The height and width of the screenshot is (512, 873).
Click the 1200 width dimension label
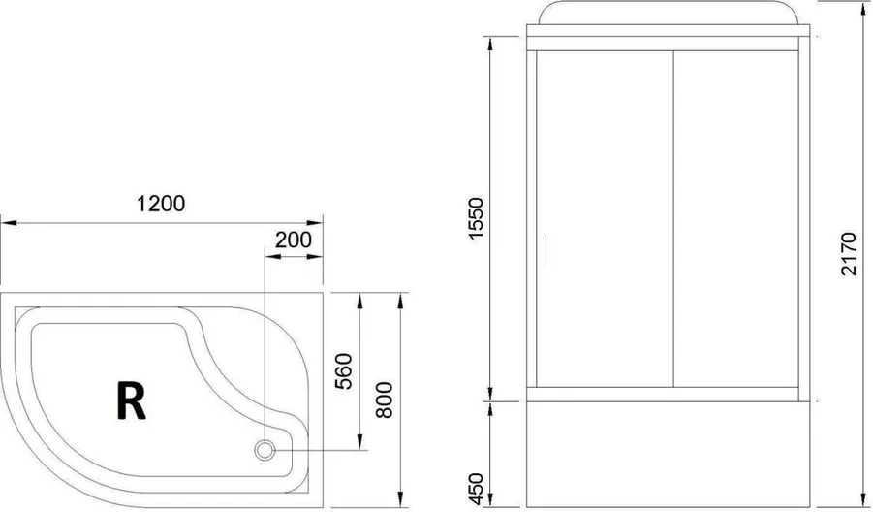(x=161, y=204)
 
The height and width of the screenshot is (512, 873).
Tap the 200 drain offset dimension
(x=294, y=240)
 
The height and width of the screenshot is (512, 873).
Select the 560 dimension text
(x=343, y=371)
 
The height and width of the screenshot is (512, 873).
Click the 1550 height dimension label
(x=477, y=218)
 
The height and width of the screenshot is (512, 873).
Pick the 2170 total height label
(x=849, y=253)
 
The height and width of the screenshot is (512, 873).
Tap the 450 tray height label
(x=477, y=489)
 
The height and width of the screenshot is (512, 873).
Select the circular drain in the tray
(x=265, y=450)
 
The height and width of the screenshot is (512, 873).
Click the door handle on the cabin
(x=546, y=248)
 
